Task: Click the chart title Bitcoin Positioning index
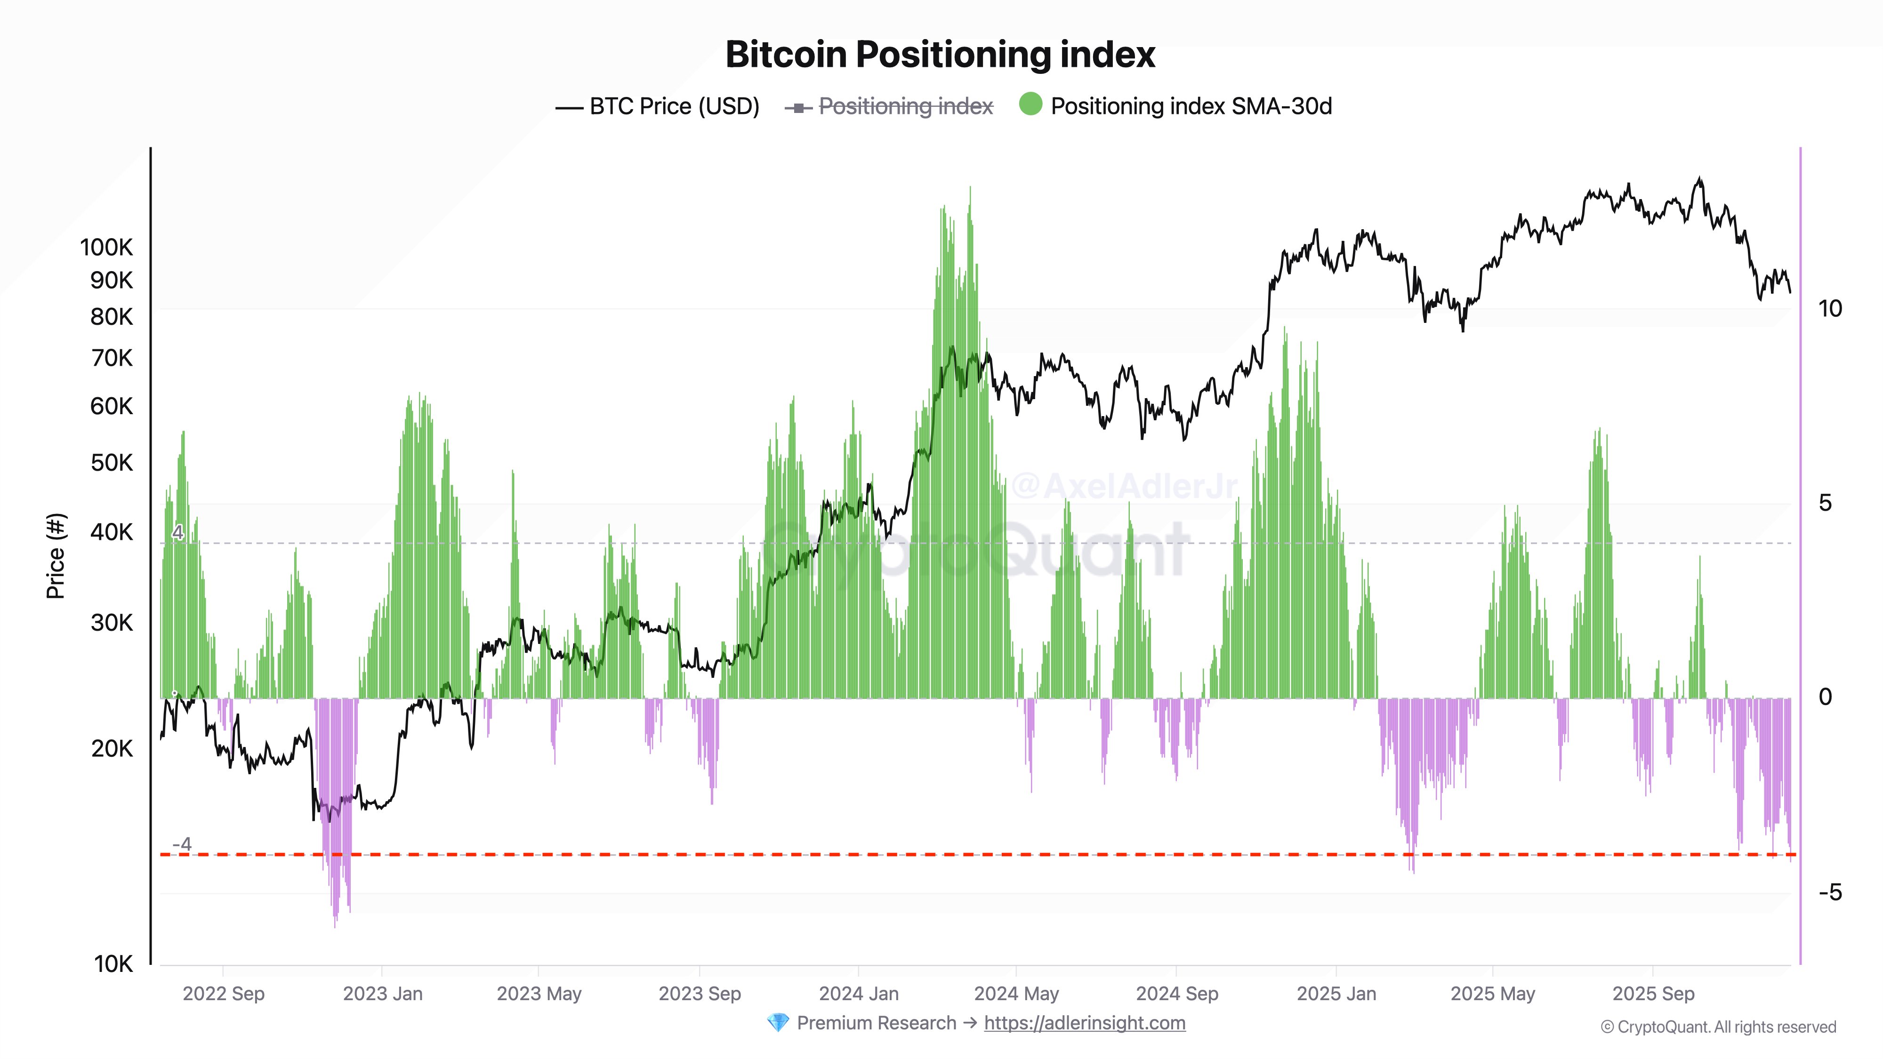point(940,54)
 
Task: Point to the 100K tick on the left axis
point(107,247)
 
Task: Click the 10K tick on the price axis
point(113,964)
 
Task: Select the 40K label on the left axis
point(112,532)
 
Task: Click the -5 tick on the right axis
point(1830,892)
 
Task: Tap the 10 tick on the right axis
point(1830,308)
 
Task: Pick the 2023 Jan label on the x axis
point(382,994)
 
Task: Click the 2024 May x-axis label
point(1016,994)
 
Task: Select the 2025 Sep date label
point(1653,994)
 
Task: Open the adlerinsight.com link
point(1084,1023)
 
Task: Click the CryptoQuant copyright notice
point(1718,1027)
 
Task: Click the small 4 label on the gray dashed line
point(177,532)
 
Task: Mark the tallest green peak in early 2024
point(970,192)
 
